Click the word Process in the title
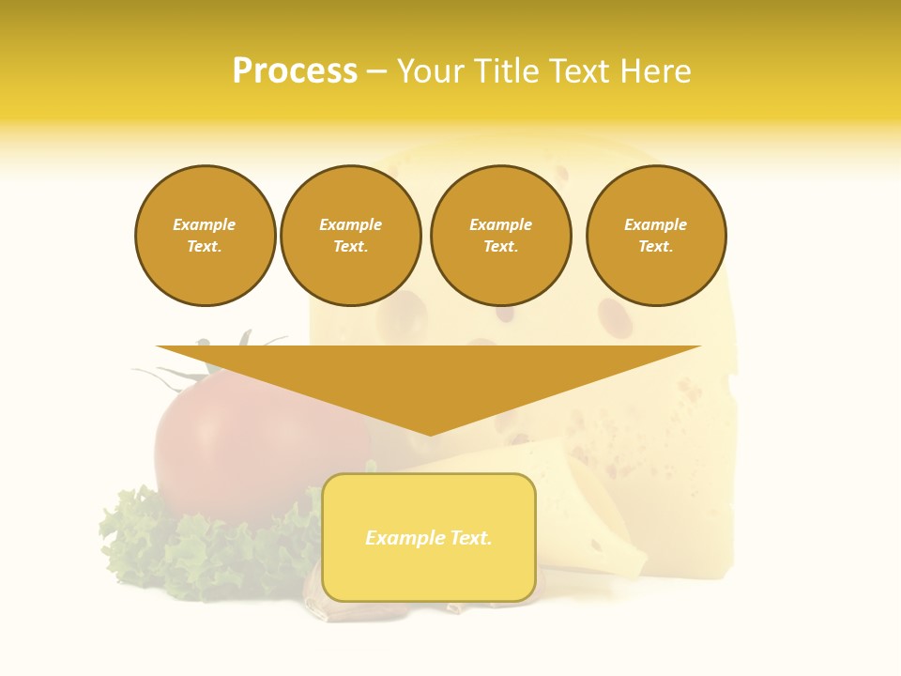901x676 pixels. coord(295,71)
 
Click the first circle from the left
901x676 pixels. coord(206,236)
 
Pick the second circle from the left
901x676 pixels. coord(351,236)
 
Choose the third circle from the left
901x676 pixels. coord(500,236)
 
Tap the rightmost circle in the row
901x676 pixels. coord(656,236)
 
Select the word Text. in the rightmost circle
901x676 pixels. coord(656,247)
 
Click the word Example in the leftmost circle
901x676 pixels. coord(205,224)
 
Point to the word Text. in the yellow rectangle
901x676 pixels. coord(470,538)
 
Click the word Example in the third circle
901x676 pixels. coord(500,224)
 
